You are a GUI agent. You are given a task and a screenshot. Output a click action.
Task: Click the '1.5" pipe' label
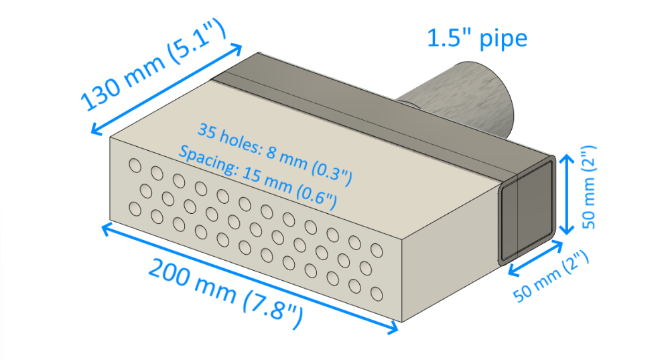(x=477, y=39)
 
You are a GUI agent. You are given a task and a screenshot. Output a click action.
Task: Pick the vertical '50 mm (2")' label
(x=589, y=187)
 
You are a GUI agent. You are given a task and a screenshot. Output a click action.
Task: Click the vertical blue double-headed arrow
(x=567, y=194)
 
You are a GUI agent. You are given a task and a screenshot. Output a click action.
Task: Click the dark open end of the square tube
(x=526, y=210)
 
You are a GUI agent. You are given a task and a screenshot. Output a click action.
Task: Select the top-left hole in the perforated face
(x=135, y=166)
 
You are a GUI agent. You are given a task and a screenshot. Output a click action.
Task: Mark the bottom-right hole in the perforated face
(x=377, y=294)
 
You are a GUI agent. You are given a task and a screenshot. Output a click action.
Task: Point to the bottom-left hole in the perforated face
(x=135, y=209)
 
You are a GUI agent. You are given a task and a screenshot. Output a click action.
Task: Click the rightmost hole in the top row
(x=377, y=250)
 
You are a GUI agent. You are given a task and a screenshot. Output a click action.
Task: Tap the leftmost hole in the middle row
(x=146, y=191)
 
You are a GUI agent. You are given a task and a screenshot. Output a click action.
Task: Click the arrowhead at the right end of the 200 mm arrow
(x=392, y=328)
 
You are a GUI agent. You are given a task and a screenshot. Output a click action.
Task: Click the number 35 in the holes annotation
(x=207, y=131)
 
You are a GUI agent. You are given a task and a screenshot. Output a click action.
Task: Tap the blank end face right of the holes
(x=449, y=257)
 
